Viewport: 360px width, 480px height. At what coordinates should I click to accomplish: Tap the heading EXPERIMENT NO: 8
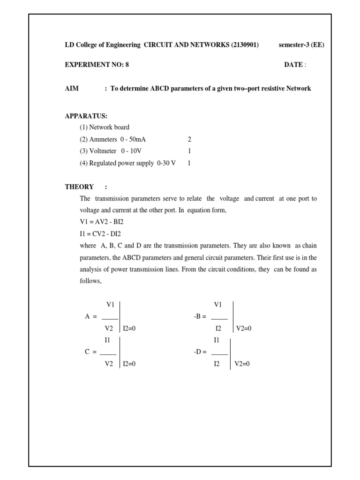(x=97, y=65)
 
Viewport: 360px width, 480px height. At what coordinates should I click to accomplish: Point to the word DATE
(x=293, y=65)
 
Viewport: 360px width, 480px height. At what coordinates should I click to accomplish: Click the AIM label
(x=72, y=88)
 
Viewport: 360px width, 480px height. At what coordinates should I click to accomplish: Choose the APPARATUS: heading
(x=86, y=115)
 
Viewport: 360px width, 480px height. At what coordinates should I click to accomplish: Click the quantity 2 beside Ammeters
(x=189, y=139)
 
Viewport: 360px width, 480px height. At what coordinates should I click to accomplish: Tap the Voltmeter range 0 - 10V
(x=131, y=151)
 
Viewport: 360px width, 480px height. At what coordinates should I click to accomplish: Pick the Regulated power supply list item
(x=127, y=164)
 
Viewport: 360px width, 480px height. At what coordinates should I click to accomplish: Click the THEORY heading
(x=79, y=187)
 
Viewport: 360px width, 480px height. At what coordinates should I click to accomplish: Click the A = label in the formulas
(x=90, y=317)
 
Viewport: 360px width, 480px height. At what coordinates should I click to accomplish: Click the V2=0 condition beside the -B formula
(x=244, y=329)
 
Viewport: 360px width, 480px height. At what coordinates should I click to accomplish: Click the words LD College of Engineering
(x=103, y=45)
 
